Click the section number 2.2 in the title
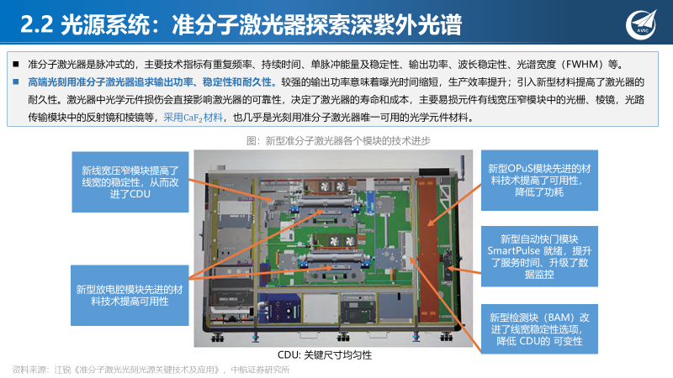coord(32,24)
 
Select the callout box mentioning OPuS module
coord(543,179)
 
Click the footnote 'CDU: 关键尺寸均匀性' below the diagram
coord(325,354)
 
